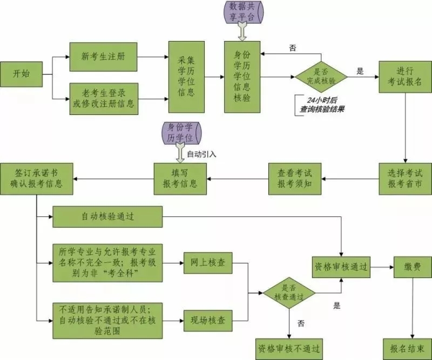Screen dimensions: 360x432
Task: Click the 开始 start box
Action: click(22, 73)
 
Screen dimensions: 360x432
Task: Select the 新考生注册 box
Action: click(103, 56)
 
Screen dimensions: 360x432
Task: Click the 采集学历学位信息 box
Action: click(186, 76)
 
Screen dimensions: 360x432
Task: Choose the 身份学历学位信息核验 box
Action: click(242, 76)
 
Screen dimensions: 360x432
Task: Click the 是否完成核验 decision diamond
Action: click(321, 77)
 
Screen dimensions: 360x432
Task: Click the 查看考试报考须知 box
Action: click(295, 178)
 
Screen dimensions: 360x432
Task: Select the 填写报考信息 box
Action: click(180, 178)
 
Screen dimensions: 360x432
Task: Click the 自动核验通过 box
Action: click(107, 217)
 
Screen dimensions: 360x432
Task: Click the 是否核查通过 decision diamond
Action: click(289, 292)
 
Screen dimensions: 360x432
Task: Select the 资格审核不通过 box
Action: click(289, 347)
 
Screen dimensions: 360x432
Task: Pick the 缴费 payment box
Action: click(412, 267)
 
